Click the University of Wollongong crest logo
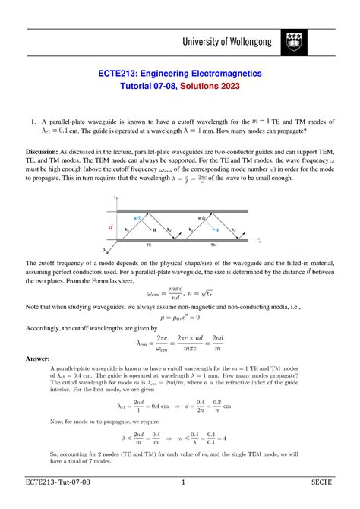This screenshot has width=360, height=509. coord(294,43)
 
